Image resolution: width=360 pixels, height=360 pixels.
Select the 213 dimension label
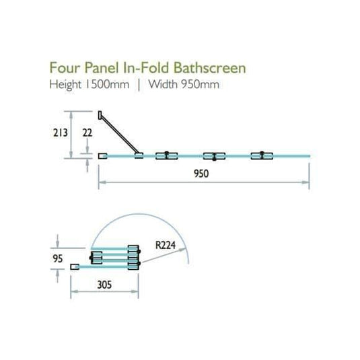coord(60,133)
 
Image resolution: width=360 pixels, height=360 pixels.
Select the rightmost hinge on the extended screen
coord(260,156)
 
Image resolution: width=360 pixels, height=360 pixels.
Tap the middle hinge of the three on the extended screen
coord(214,156)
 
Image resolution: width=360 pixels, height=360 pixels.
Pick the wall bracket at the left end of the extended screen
coord(102,156)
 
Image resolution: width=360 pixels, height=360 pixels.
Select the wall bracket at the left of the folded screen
coord(75,267)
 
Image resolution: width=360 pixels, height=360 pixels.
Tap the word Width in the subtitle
coord(166,85)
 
